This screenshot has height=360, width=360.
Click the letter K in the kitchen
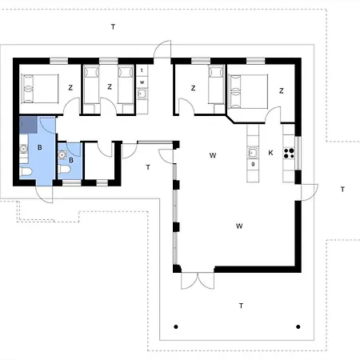(x=271, y=153)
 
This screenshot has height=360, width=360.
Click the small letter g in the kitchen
(x=253, y=163)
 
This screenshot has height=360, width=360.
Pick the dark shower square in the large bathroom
(x=28, y=124)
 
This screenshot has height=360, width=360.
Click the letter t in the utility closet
(x=142, y=71)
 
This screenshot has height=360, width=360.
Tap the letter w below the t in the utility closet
(x=142, y=82)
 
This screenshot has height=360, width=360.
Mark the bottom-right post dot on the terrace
(x=298, y=326)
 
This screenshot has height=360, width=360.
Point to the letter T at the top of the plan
(x=114, y=27)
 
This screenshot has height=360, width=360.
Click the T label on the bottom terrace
(x=240, y=306)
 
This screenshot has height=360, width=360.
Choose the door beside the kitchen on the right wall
(x=307, y=190)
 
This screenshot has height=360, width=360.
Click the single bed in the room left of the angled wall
(x=214, y=86)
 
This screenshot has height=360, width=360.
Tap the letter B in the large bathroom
(x=38, y=148)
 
